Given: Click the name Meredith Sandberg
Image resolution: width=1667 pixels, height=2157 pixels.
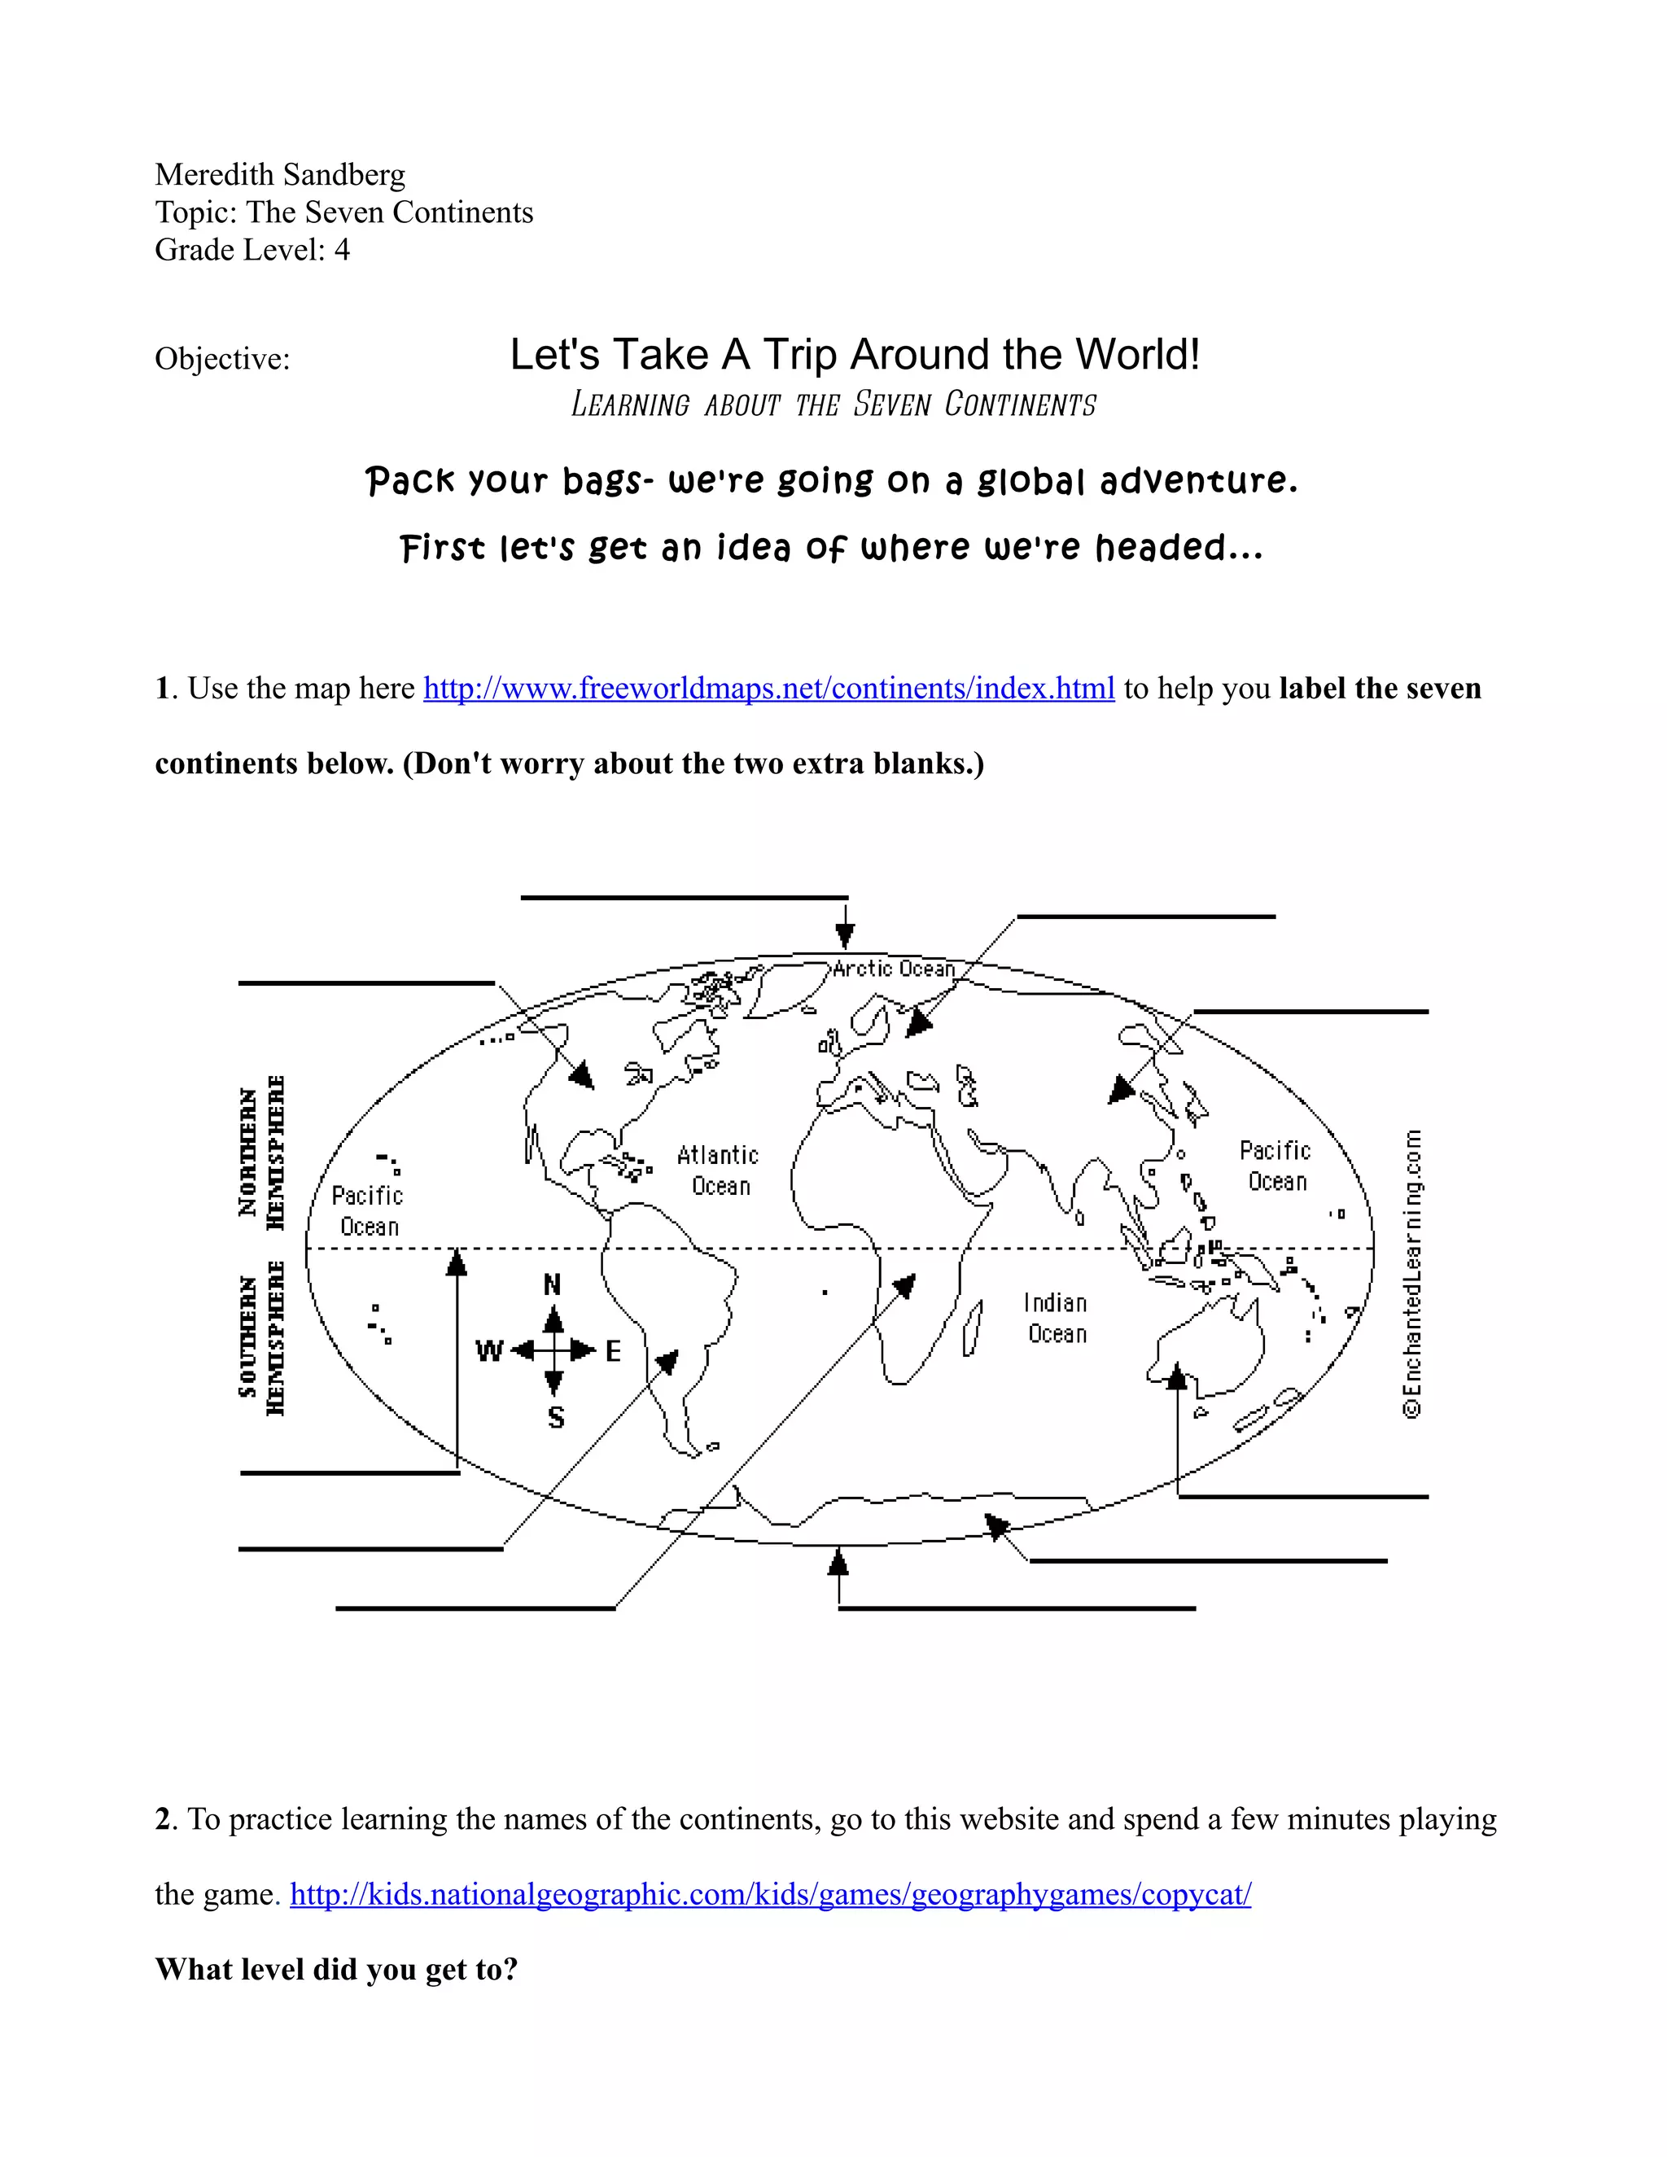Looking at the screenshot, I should (279, 175).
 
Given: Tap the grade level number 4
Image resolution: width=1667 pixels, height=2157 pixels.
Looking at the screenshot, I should (342, 250).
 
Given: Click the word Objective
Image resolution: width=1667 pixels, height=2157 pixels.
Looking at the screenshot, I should (222, 358).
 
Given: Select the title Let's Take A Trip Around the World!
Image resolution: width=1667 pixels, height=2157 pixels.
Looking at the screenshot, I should (854, 355).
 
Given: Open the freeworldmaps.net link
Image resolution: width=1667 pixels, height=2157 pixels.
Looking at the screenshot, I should (768, 689).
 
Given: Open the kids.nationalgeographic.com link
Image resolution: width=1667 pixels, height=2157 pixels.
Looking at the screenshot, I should (770, 1894).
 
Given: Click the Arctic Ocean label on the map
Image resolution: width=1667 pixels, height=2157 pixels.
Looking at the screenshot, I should (894, 969).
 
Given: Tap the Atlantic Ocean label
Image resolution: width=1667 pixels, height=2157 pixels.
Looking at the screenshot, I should (719, 1170).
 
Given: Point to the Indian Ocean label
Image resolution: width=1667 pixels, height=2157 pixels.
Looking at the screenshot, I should (1056, 1319).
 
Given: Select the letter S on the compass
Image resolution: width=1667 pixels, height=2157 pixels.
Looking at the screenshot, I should (556, 1418).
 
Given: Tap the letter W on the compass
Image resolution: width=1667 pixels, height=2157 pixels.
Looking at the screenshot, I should (490, 1351).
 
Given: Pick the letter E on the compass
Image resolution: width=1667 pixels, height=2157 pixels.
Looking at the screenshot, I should (613, 1351).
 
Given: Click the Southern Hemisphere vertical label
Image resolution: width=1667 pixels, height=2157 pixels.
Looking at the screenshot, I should (262, 1337).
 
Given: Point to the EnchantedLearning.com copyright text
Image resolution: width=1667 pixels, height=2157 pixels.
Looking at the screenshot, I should (1413, 1274).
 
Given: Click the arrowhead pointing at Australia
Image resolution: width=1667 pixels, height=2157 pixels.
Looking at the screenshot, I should (1176, 1375).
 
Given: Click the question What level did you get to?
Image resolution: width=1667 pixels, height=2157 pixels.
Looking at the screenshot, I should (337, 1969).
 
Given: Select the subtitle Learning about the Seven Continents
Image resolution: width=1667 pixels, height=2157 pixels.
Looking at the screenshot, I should (833, 405).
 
